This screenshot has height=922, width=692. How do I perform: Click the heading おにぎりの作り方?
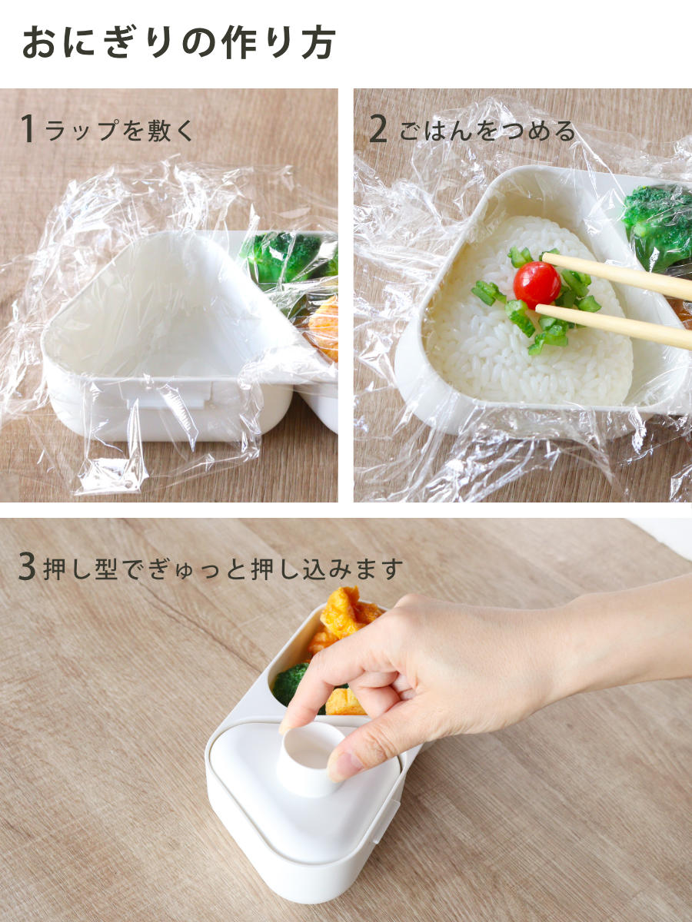click(x=178, y=43)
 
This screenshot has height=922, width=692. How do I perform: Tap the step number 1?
click(x=28, y=128)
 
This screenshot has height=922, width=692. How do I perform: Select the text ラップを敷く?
click(x=119, y=130)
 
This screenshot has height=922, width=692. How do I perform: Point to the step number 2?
click(x=378, y=128)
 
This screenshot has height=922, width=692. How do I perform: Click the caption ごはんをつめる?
click(x=487, y=131)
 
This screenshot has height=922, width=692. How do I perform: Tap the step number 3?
click(x=27, y=568)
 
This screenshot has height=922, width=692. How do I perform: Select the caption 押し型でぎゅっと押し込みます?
click(x=223, y=569)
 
